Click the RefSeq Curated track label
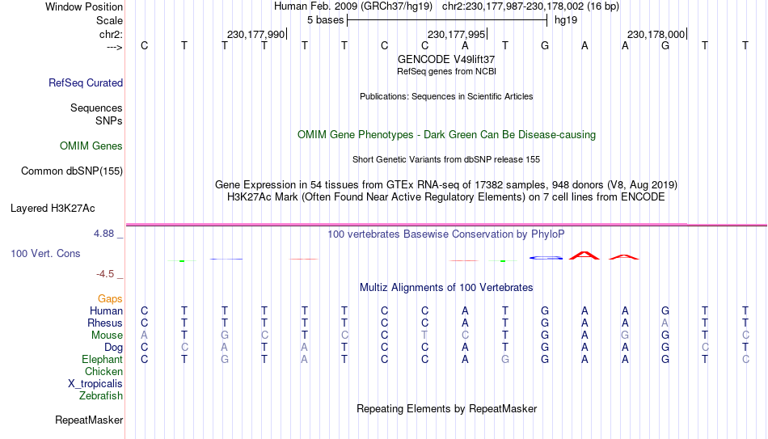point(86,82)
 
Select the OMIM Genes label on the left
point(91,146)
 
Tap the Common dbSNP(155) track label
point(72,171)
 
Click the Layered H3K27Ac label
point(53,209)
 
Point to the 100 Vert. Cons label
point(45,253)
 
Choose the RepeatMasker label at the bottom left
point(89,420)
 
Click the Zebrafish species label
point(101,395)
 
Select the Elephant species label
point(102,359)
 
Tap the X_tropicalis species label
point(95,384)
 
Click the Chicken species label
point(103,371)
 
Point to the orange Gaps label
point(110,298)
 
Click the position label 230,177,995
point(456,34)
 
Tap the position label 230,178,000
point(656,34)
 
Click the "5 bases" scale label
point(325,20)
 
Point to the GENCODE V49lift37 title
point(446,59)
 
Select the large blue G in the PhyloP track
point(546,257)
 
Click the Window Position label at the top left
point(84,6)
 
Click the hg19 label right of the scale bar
point(566,20)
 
